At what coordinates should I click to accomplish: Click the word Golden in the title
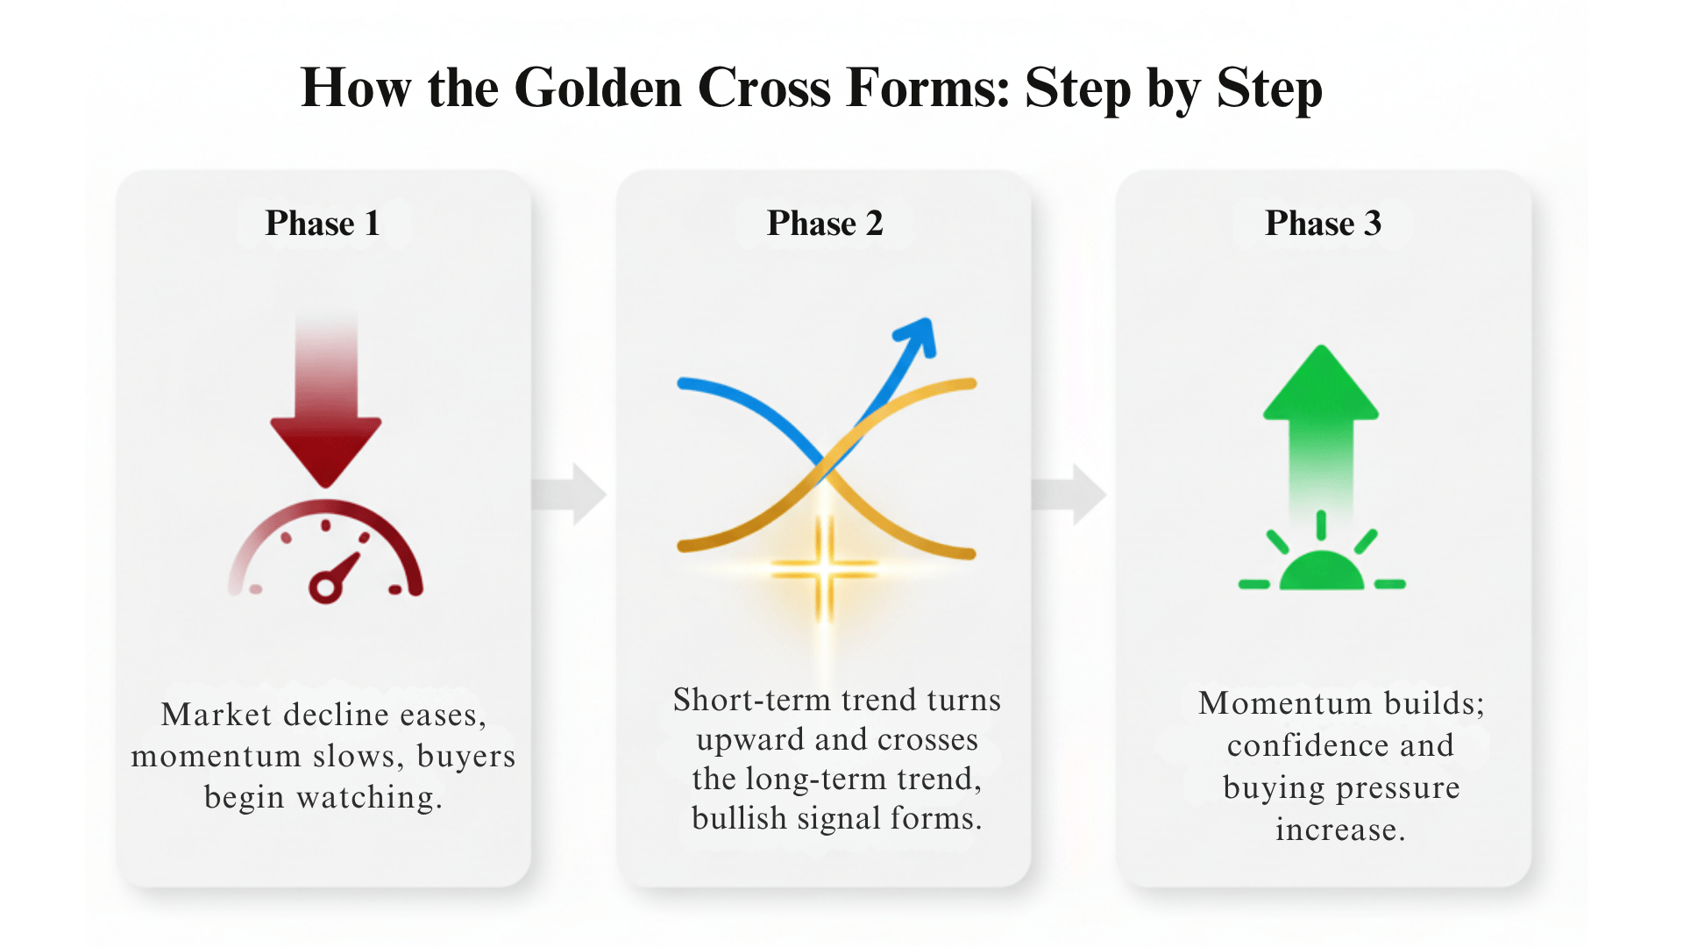tap(598, 88)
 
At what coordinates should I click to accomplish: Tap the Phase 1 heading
tap(323, 224)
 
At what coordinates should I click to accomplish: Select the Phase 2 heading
tap(825, 224)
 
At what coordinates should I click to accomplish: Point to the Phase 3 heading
tap(1323, 224)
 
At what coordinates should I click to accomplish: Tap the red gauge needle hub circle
tap(324, 587)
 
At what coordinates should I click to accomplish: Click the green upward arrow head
tap(1321, 386)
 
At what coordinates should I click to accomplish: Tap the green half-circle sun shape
tap(1321, 572)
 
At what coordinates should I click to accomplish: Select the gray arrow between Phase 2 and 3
tap(1071, 494)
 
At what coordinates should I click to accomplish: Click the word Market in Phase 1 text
tap(216, 715)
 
